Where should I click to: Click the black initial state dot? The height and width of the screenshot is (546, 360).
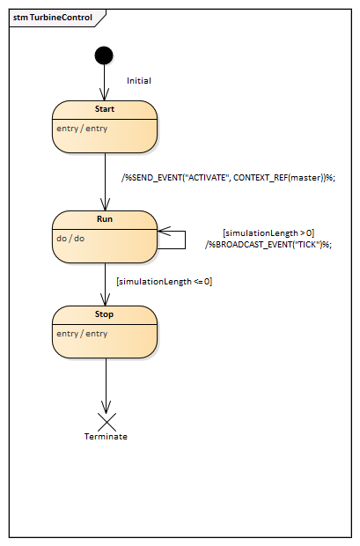coord(104,55)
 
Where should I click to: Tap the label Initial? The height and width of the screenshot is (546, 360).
coord(139,81)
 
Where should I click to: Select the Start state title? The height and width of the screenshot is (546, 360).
coord(105,109)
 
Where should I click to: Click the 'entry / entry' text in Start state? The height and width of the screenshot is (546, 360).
coord(82,129)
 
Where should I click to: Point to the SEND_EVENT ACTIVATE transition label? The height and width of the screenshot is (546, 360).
coord(228,178)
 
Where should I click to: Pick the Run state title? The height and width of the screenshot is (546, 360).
coord(105,219)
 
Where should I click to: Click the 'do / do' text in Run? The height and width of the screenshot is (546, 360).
coord(70,239)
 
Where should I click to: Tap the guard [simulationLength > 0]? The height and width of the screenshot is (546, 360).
coord(268,233)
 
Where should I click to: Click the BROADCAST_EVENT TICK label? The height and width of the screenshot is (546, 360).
coord(268,245)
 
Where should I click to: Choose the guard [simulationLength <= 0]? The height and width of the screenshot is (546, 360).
coord(165,281)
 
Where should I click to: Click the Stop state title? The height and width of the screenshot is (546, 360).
coord(104,314)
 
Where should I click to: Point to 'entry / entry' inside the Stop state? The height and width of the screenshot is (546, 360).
coord(82,334)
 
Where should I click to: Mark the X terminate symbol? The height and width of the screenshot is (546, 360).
coord(107,422)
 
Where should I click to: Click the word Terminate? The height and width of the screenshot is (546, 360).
coord(106,437)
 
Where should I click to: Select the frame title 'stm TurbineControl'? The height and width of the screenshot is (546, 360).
coord(53,18)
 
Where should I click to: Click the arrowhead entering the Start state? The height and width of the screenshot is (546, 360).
coord(104,94)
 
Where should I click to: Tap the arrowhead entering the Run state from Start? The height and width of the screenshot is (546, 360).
coord(105,204)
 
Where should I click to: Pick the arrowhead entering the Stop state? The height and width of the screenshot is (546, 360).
coord(105,299)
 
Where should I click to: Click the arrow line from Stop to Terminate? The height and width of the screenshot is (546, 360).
coord(106,386)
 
